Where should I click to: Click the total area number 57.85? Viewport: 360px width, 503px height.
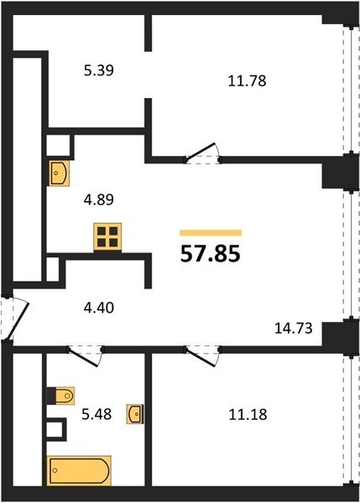(x=211, y=254)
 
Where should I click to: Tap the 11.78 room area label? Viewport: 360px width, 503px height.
(x=247, y=80)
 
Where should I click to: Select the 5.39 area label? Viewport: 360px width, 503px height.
(x=98, y=70)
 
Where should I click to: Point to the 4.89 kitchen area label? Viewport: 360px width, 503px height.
(x=98, y=200)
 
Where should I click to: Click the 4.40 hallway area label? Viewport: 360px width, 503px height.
(x=98, y=308)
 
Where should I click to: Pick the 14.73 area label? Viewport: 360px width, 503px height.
(x=294, y=329)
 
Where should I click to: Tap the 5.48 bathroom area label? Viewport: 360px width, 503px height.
(x=97, y=414)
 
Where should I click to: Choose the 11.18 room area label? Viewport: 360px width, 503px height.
(x=248, y=414)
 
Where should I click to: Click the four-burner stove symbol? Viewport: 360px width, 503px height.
(x=107, y=236)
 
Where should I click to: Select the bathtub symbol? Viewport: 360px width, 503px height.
(x=79, y=470)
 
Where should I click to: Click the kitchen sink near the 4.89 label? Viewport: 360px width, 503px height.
(x=59, y=174)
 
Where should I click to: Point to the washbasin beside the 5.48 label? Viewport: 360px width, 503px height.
(x=135, y=414)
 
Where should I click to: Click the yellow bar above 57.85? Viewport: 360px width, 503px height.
(x=211, y=233)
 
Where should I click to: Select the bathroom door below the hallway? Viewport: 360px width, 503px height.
(x=84, y=357)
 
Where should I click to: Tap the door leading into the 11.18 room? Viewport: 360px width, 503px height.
(x=202, y=357)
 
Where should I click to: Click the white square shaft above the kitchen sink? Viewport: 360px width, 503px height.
(x=59, y=145)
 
